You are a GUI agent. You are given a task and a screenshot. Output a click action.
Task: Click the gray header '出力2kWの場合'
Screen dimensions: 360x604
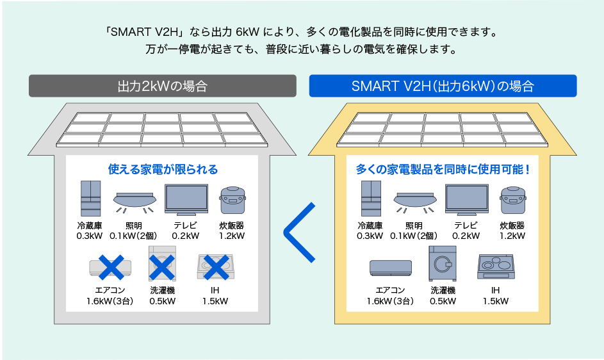(162, 86)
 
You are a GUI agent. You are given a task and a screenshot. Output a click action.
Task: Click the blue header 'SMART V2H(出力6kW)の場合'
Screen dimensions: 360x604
(443, 86)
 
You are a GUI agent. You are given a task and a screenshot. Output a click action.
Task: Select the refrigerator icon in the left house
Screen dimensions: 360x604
(91, 199)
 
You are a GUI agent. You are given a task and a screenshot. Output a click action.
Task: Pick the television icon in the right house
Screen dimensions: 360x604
(466, 200)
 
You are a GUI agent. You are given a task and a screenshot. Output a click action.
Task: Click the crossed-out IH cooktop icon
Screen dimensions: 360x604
(216, 266)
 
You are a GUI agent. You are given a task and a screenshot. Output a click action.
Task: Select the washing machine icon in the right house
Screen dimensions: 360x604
(443, 263)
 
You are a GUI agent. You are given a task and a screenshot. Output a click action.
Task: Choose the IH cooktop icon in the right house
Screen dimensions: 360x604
(495, 266)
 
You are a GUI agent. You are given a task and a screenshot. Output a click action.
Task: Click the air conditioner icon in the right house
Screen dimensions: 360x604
(390, 267)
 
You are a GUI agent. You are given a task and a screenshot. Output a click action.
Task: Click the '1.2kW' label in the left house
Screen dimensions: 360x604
(232, 236)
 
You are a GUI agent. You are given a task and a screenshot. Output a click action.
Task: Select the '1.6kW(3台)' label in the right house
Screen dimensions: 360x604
(390, 301)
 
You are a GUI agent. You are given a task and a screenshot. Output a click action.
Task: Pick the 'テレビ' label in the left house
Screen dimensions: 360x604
(185, 225)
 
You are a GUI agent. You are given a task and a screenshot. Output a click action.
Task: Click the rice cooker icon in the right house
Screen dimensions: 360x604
(512, 201)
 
